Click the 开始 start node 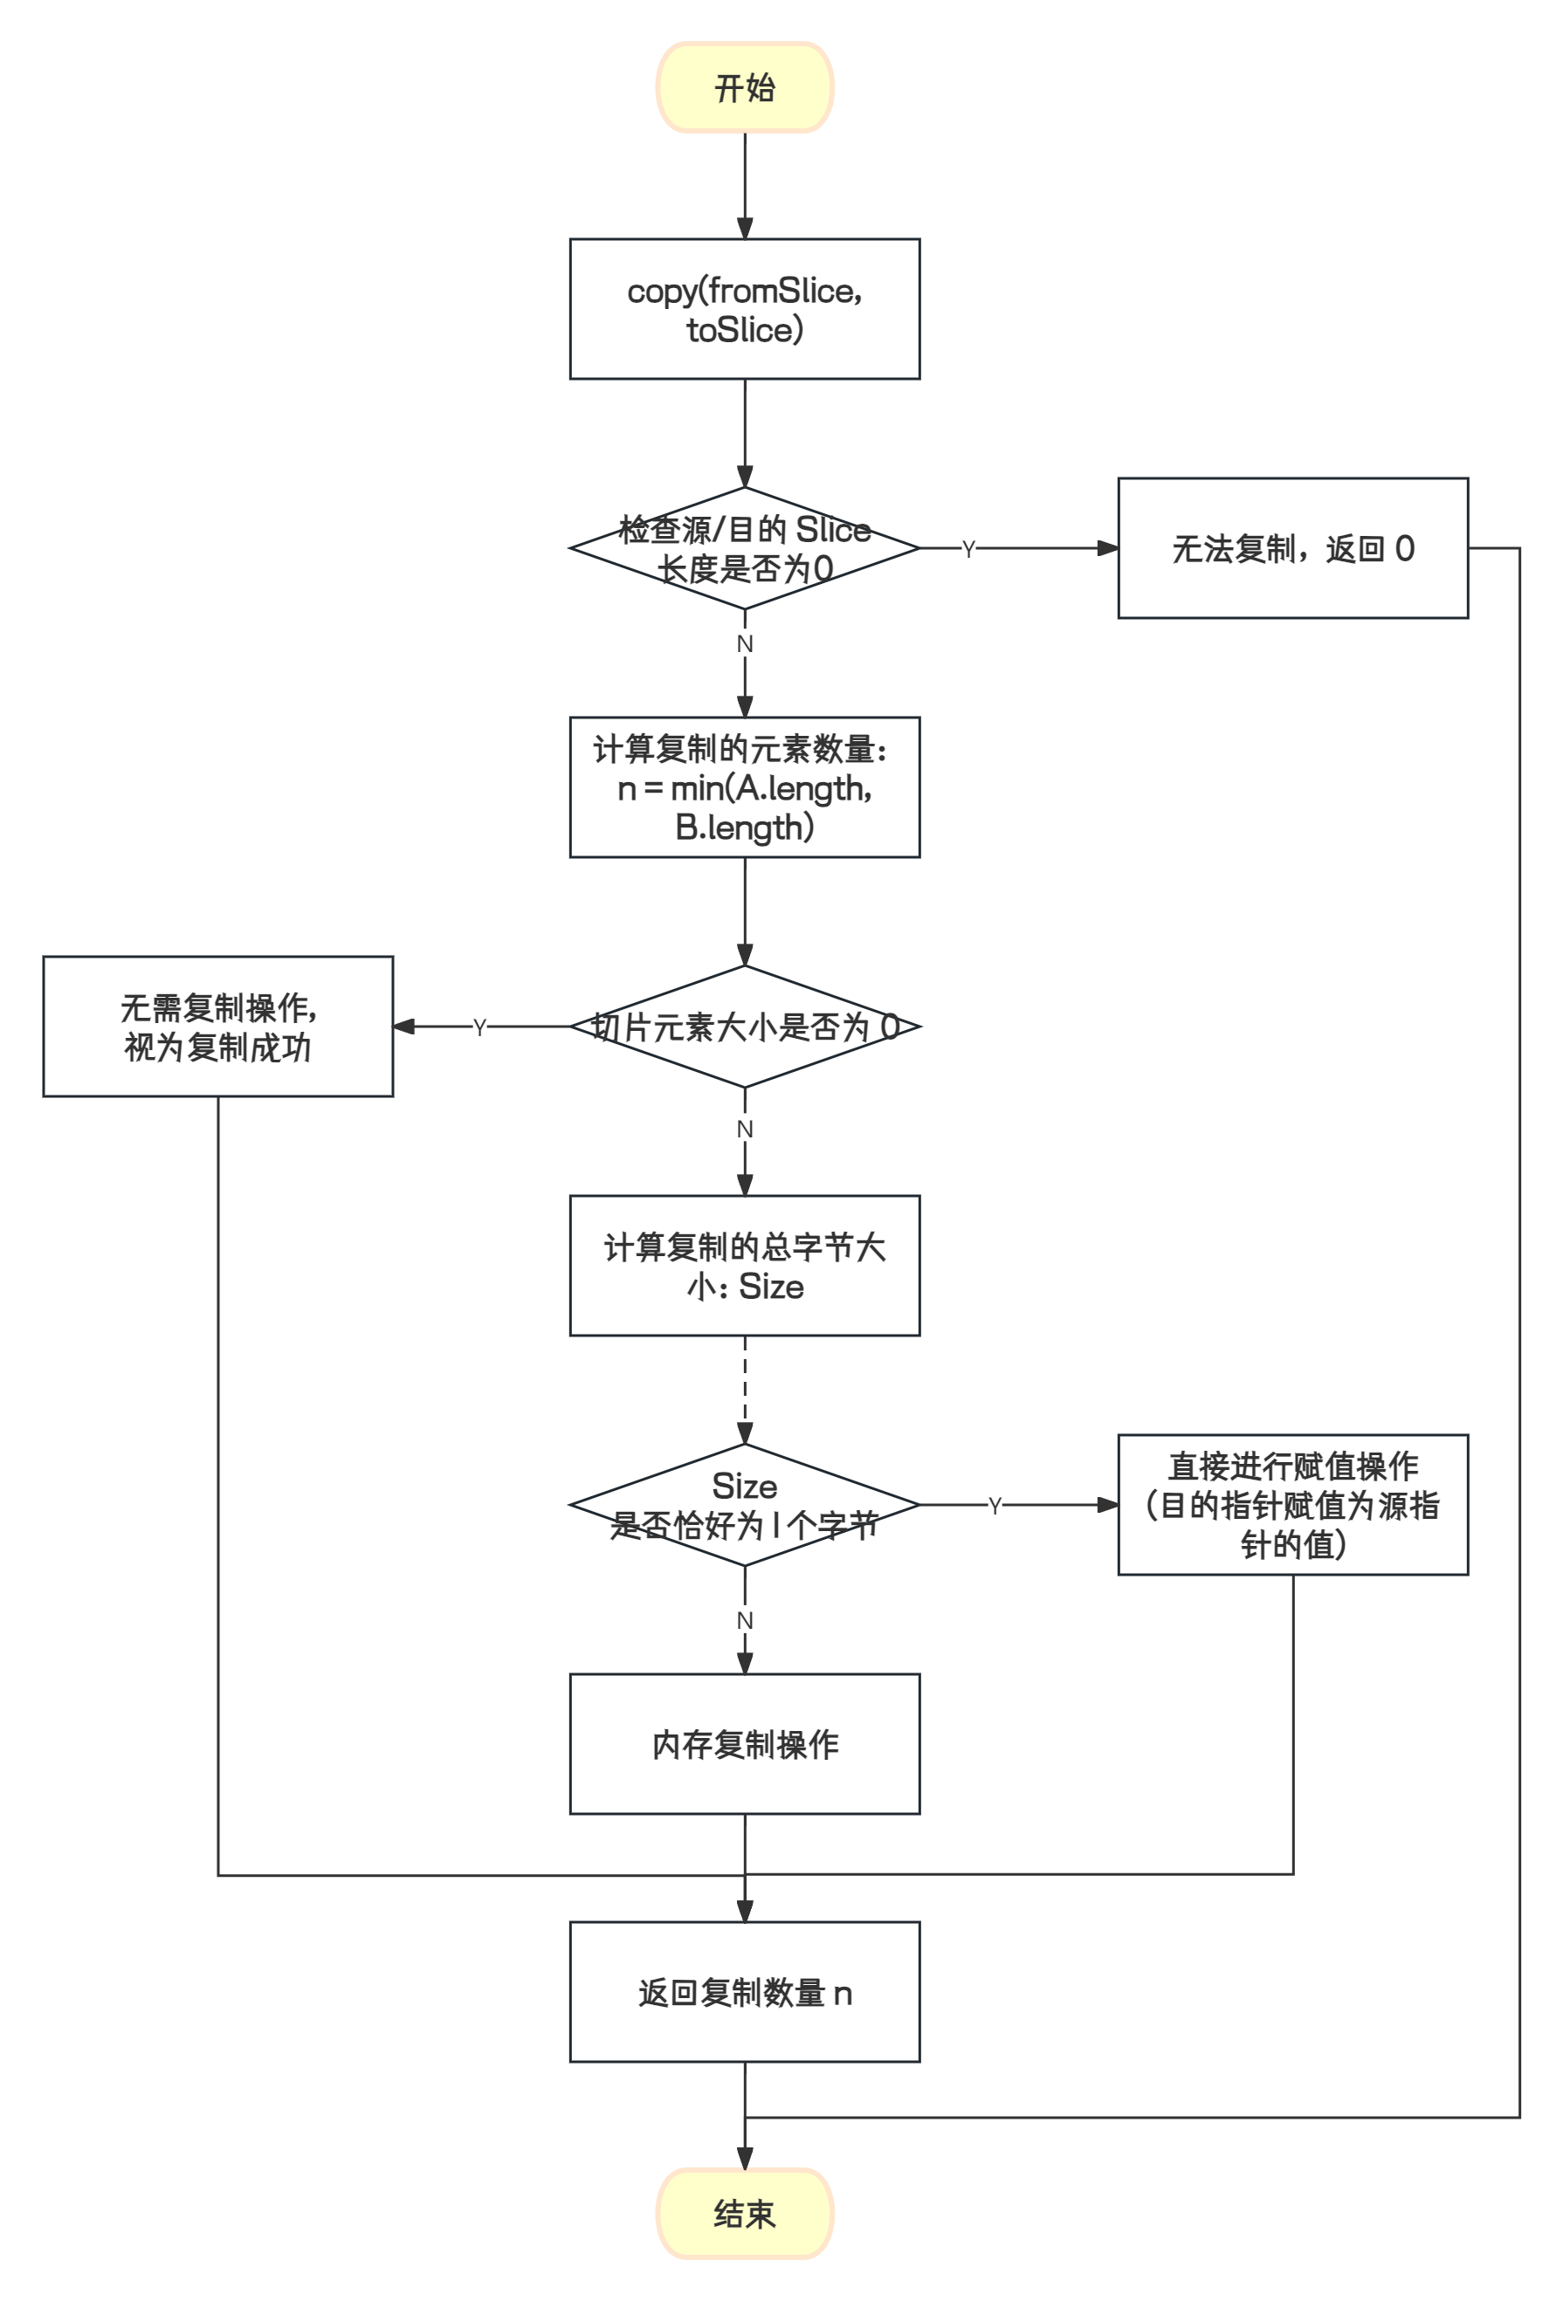pyautogui.click(x=745, y=87)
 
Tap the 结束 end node pyautogui.click(x=745, y=2214)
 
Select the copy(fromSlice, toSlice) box pyautogui.click(x=745, y=309)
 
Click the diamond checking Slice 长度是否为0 pyautogui.click(x=745, y=548)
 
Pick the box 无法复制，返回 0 pyautogui.click(x=1292, y=548)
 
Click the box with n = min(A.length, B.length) pyautogui.click(x=745, y=787)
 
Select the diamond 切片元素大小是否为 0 pyautogui.click(x=745, y=1027)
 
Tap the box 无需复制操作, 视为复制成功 pyautogui.click(x=218, y=1027)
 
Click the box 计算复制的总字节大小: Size pyautogui.click(x=745, y=1266)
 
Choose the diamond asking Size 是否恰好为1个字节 pyautogui.click(x=745, y=1505)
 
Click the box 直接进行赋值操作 pyautogui.click(x=1292, y=1505)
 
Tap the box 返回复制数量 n pyautogui.click(x=745, y=1992)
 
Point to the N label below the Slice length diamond pyautogui.click(x=745, y=644)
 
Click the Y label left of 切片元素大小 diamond pyautogui.click(x=479, y=1027)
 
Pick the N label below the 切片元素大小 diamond pyautogui.click(x=745, y=1129)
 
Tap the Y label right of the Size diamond pyautogui.click(x=995, y=1506)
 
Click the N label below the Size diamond pyautogui.click(x=745, y=1620)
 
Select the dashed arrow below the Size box pyautogui.click(x=745, y=1386)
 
